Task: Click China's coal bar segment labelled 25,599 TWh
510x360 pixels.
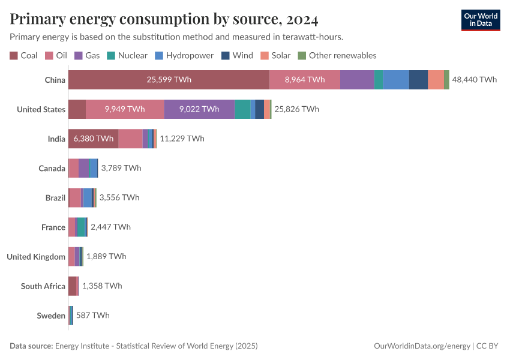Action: [x=169, y=80]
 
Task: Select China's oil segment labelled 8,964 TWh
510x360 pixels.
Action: [x=305, y=80]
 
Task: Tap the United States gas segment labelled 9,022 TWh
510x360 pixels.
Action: [x=199, y=109]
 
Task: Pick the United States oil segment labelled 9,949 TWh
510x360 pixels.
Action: [x=125, y=109]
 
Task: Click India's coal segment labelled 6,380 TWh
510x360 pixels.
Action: [x=93, y=139]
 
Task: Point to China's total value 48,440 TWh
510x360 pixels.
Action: [x=474, y=80]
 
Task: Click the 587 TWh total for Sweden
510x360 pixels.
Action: [x=92, y=315]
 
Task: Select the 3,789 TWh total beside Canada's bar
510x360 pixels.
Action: [x=121, y=168]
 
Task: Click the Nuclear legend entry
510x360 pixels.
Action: [x=127, y=55]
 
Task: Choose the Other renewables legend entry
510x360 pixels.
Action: [x=337, y=55]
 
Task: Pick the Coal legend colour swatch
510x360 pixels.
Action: [x=14, y=56]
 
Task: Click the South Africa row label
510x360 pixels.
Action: [x=43, y=286]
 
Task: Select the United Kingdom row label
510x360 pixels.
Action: [x=36, y=257]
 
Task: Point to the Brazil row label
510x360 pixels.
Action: [x=55, y=197]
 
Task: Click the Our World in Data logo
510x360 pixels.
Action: [x=480, y=20]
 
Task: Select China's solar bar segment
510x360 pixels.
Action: [x=436, y=80]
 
